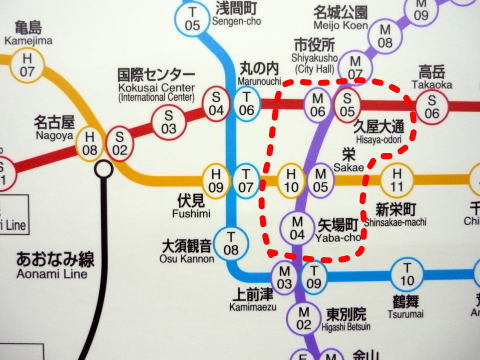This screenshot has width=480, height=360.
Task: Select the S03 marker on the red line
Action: tap(170, 122)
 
